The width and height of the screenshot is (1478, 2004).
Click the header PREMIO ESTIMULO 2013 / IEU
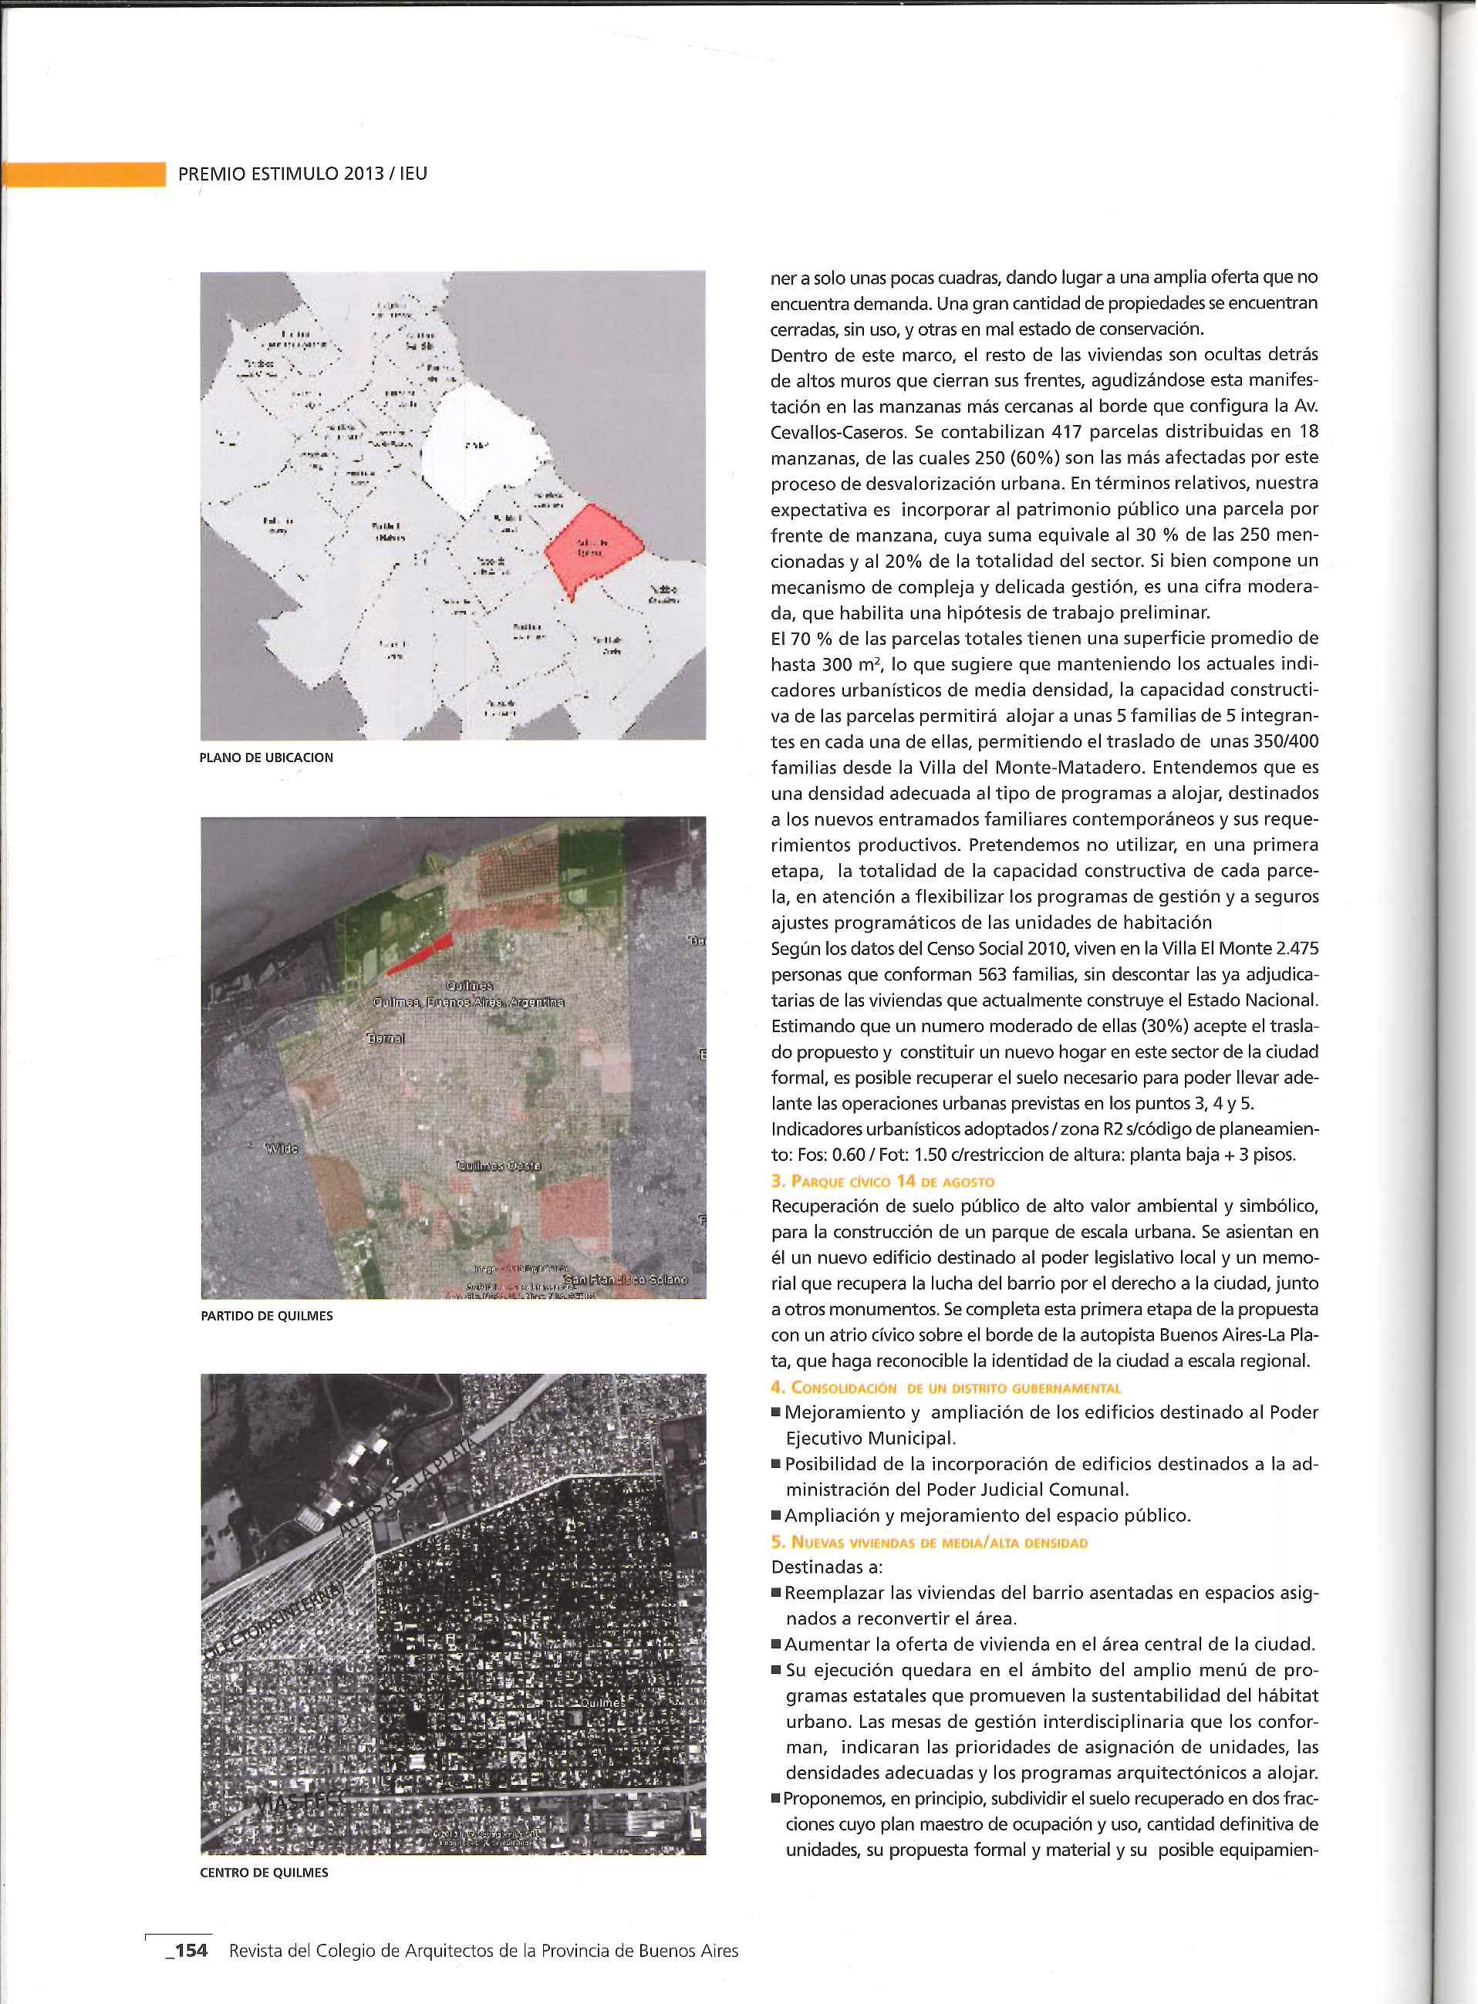pyautogui.click(x=302, y=174)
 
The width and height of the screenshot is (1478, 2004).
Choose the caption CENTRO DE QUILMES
pyautogui.click(x=264, y=1873)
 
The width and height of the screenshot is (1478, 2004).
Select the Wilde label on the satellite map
pyautogui.click(x=282, y=1148)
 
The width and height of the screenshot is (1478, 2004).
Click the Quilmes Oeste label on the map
pyautogui.click(x=498, y=1166)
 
